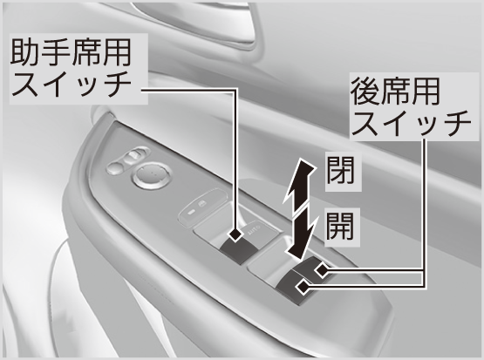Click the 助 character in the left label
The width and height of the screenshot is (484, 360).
click(25, 52)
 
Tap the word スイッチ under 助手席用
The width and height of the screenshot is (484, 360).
click(71, 84)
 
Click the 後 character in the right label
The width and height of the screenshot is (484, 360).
click(365, 91)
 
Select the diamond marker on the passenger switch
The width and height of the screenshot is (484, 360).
click(235, 234)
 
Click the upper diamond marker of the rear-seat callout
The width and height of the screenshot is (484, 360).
click(322, 270)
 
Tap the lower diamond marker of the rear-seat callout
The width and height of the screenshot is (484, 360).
click(303, 287)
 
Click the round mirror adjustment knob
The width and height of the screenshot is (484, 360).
click(152, 175)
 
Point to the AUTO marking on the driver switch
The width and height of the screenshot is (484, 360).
click(253, 229)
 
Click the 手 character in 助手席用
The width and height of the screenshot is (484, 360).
click(56, 52)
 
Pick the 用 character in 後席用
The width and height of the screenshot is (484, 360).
click(426, 91)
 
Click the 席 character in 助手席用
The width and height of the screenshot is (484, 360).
click(86, 52)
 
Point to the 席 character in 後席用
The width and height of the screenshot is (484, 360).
click(396, 91)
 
